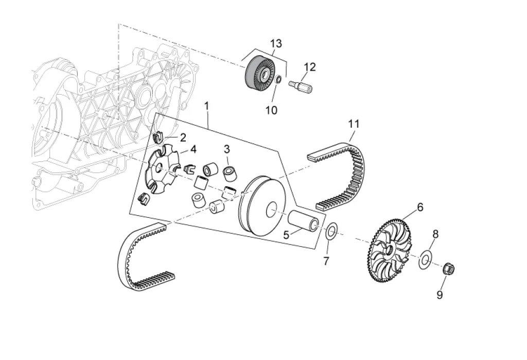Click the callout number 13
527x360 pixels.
276,44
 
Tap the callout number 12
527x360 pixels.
309,67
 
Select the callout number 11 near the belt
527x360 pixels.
354,124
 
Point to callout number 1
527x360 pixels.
206,106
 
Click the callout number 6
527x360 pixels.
420,208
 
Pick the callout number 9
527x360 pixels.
440,295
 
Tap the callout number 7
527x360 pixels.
326,261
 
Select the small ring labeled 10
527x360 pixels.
277,80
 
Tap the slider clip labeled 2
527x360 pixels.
160,137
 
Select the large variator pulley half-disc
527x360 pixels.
262,206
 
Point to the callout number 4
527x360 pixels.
193,149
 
